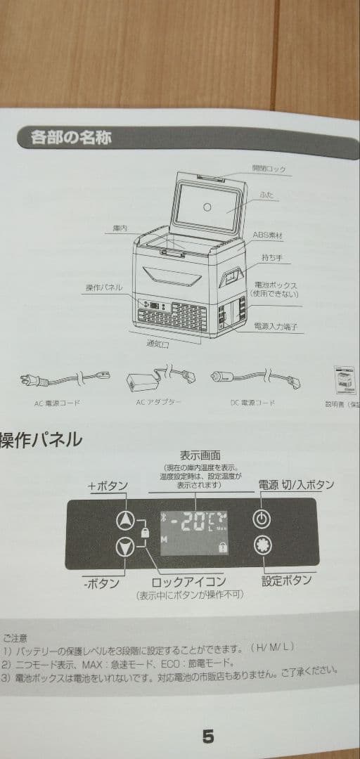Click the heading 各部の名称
(70, 136)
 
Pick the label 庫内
(119, 229)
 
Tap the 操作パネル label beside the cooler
(103, 287)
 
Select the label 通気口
(158, 344)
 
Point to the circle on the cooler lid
(207, 207)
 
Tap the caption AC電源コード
(57, 403)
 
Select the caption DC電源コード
(252, 403)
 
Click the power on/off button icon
(262, 520)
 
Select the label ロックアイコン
(189, 581)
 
